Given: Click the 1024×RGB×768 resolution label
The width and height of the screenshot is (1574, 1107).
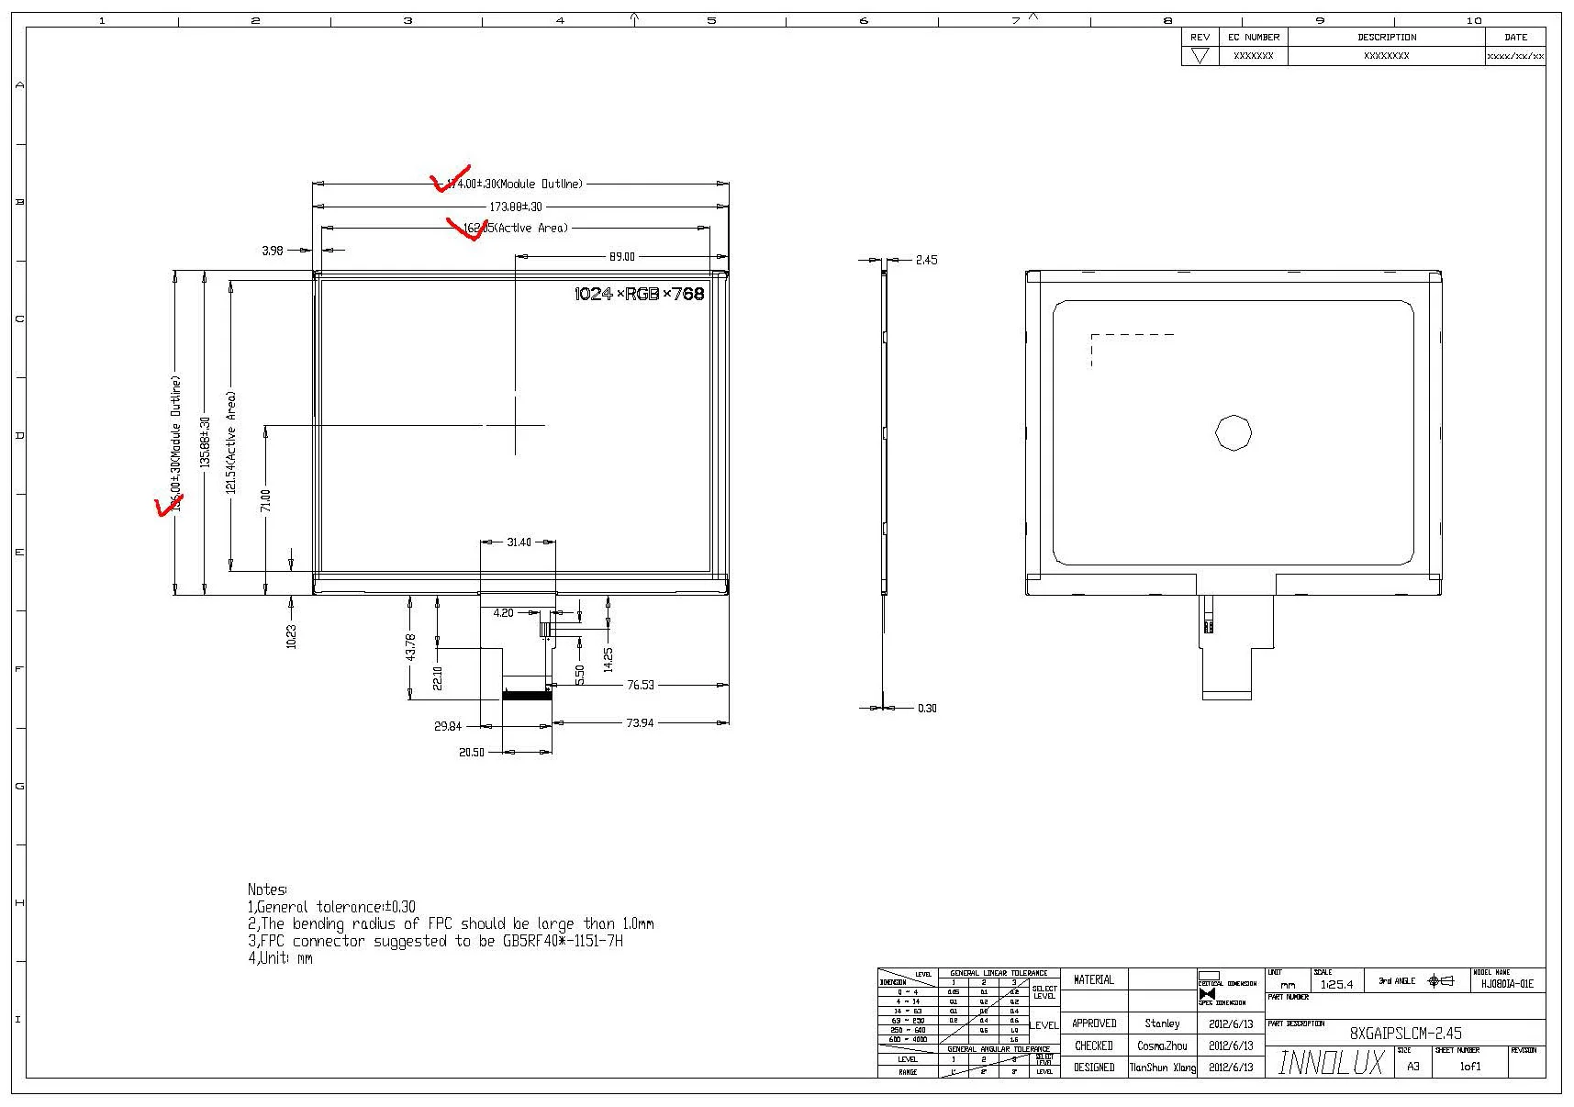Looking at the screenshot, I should click(639, 294).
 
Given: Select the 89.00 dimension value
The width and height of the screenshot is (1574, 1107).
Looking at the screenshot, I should click(621, 257).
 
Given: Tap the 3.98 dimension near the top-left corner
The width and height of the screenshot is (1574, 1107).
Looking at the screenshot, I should click(273, 251).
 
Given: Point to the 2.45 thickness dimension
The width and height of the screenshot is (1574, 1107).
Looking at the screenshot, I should click(926, 261).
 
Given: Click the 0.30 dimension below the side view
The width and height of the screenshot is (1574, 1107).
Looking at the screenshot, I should click(927, 709).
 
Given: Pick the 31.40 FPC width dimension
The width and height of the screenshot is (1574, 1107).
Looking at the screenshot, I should click(519, 542).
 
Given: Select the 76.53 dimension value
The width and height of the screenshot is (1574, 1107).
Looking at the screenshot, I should click(641, 685).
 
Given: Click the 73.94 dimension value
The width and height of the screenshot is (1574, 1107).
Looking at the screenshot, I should click(640, 723).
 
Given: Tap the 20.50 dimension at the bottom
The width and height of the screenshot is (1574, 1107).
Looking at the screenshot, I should click(472, 753).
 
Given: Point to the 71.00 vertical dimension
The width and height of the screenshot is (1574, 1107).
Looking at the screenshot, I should click(265, 500).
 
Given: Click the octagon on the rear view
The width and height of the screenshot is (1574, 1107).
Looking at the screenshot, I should click(1234, 432).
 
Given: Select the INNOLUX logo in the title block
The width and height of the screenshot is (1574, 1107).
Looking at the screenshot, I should click(1330, 1063).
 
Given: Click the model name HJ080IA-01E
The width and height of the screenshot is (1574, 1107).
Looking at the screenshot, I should click(1507, 984).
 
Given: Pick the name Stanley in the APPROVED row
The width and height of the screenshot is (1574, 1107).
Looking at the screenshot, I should click(1162, 1023).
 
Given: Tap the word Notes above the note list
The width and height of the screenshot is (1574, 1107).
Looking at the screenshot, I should click(267, 889).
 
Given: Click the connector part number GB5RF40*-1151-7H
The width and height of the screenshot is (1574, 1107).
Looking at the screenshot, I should click(551, 942).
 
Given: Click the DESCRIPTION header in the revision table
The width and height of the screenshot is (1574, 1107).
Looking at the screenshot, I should click(1386, 38).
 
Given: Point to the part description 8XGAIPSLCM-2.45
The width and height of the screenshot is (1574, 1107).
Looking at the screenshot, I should click(1405, 1034).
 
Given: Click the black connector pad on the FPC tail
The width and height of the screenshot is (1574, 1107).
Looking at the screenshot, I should click(526, 695).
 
